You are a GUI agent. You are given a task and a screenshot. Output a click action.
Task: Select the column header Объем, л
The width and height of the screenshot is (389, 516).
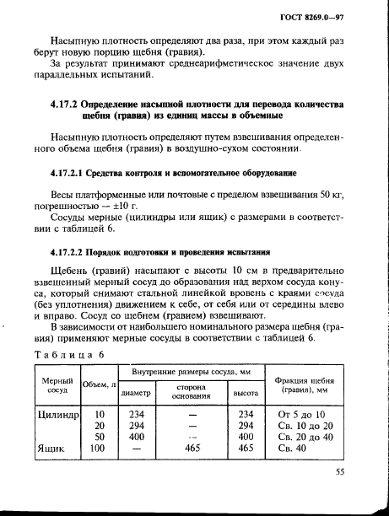pyautogui.click(x=99, y=385)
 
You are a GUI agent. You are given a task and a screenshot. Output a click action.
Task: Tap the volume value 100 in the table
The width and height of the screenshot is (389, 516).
pyautogui.click(x=100, y=448)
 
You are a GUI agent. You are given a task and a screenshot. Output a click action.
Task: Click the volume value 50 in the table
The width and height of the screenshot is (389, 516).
pyautogui.click(x=100, y=437)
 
